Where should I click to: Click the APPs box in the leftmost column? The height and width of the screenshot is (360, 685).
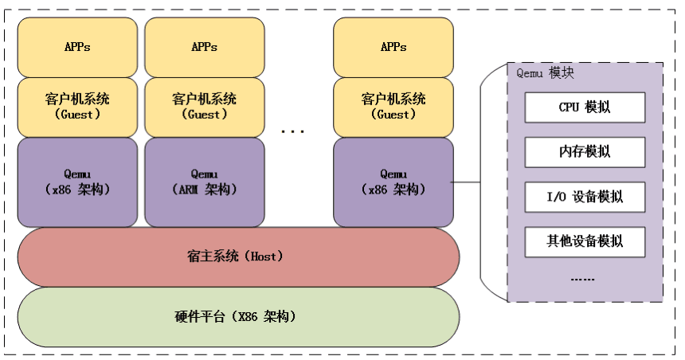pyautogui.click(x=77, y=47)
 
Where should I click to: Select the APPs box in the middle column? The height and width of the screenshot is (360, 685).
pyautogui.click(x=204, y=47)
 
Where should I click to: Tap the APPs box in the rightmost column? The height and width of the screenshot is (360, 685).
pyautogui.click(x=393, y=47)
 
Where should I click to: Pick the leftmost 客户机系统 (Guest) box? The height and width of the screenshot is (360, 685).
pyautogui.click(x=77, y=107)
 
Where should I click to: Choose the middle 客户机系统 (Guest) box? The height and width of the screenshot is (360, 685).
pyautogui.click(x=204, y=107)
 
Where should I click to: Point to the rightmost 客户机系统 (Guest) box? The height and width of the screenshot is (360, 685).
pyautogui.click(x=393, y=107)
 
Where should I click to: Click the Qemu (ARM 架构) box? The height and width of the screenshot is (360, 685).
pyautogui.click(x=204, y=182)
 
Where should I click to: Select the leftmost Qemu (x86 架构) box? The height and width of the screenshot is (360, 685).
pyautogui.click(x=77, y=182)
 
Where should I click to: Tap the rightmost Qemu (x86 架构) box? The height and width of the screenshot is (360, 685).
pyautogui.click(x=393, y=182)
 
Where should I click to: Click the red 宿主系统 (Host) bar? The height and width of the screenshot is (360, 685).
pyautogui.click(x=238, y=256)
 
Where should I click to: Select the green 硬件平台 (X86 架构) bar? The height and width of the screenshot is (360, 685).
pyautogui.click(x=238, y=316)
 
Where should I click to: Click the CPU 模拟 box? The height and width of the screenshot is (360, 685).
pyautogui.click(x=585, y=107)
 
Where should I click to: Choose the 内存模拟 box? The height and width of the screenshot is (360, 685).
pyautogui.click(x=585, y=151)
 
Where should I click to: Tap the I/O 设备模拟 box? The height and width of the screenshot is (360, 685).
pyautogui.click(x=585, y=197)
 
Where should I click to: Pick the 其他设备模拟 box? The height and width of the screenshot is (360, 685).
pyautogui.click(x=585, y=241)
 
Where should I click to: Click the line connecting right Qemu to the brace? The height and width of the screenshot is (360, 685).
pyautogui.click(x=466, y=182)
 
